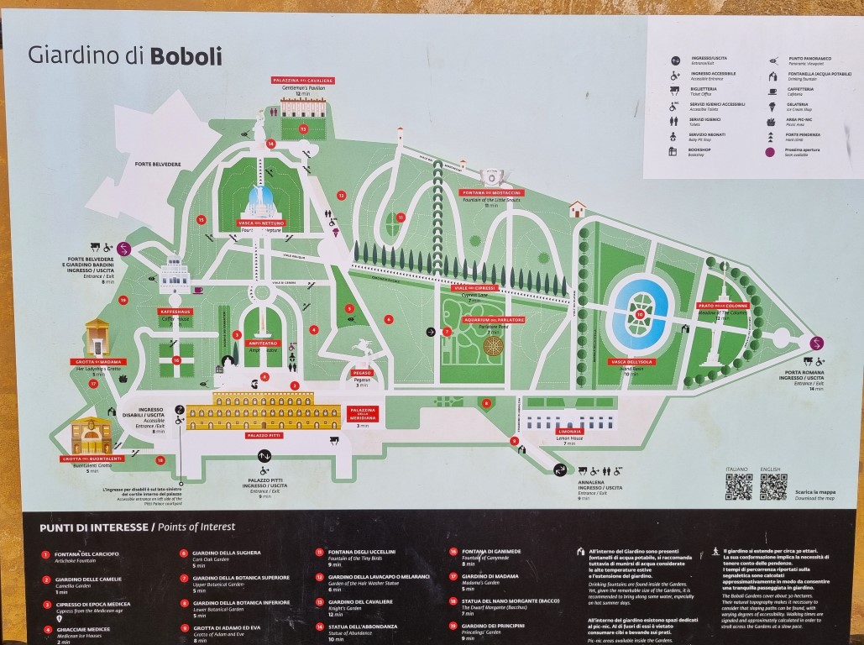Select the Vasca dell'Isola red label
pos(631,362)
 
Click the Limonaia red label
pos(570,431)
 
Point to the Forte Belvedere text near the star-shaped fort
pos(159,165)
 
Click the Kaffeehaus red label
pos(170,312)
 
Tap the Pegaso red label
pos(364,371)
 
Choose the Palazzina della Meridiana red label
pos(363,414)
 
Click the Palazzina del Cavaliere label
pos(303,80)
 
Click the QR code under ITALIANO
pos(738,487)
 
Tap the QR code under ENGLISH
pos(772,487)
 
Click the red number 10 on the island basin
pos(640,315)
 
